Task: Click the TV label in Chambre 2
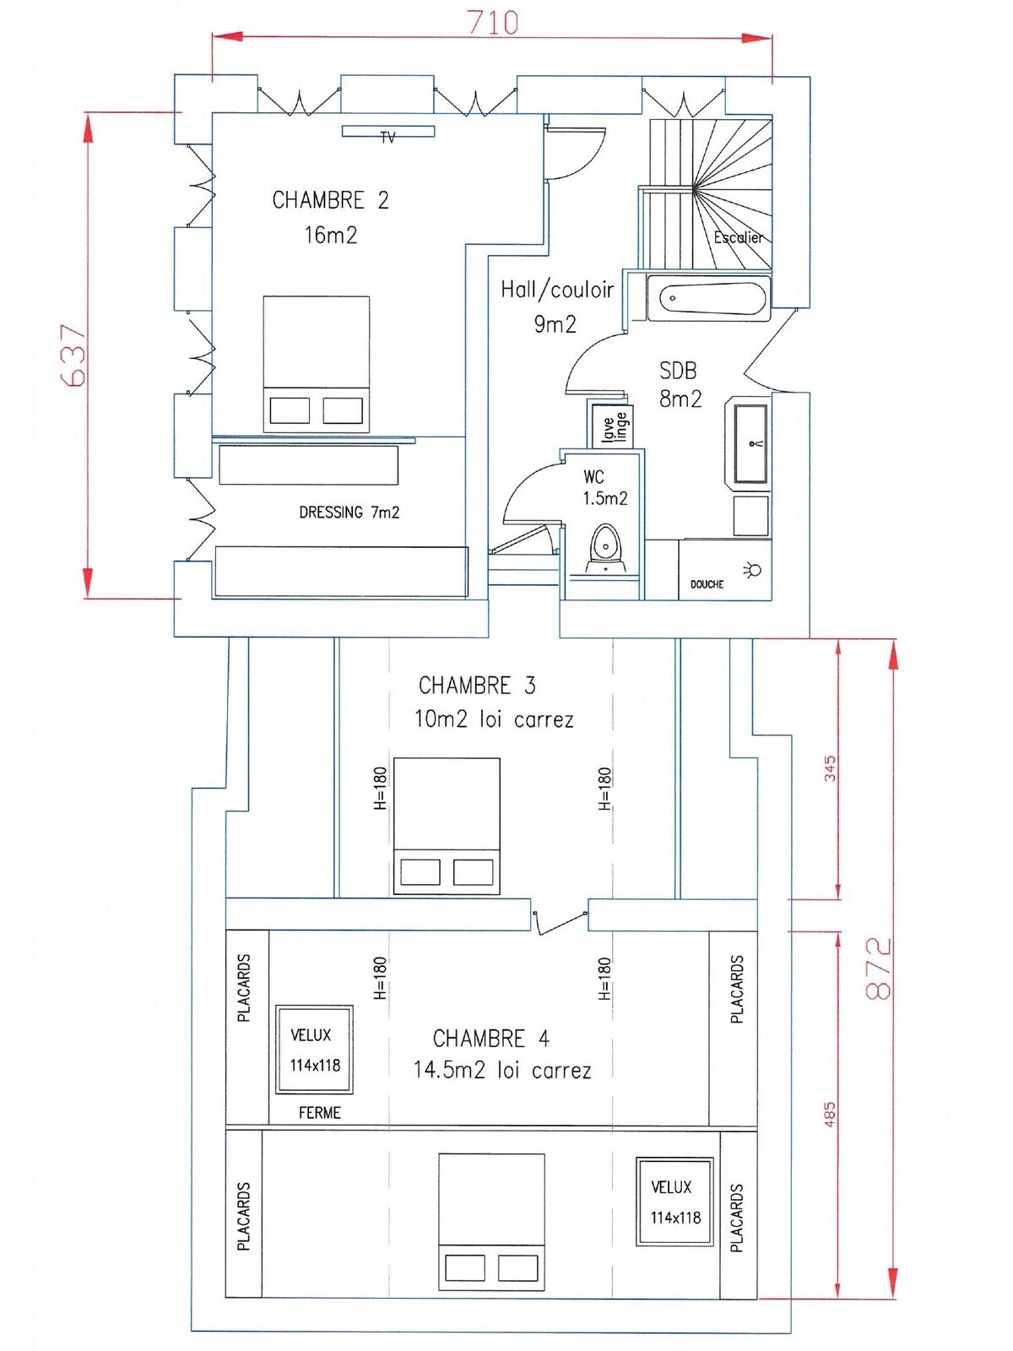(387, 138)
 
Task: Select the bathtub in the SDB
(708, 298)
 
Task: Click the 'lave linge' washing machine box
(614, 424)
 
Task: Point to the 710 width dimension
(493, 23)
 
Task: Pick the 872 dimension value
(879, 968)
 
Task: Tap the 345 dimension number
(831, 768)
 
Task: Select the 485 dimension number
(829, 1115)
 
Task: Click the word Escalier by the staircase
(738, 237)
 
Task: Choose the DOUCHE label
(707, 584)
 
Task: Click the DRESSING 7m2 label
(349, 512)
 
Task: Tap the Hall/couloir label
(557, 290)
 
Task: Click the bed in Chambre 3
(447, 826)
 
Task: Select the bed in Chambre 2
(316, 364)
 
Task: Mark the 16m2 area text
(330, 235)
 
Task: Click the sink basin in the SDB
(750, 444)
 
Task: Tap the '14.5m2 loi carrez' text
(502, 1071)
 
